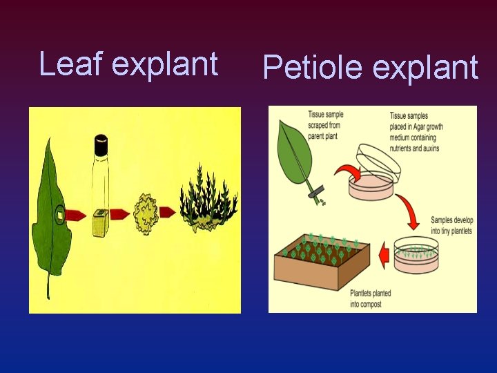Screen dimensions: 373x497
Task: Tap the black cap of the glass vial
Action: tap(101, 145)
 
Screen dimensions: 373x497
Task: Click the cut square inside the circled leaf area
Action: tap(60, 216)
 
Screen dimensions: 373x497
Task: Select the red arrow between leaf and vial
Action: tap(77, 213)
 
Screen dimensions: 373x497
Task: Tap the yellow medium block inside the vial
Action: tap(101, 222)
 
